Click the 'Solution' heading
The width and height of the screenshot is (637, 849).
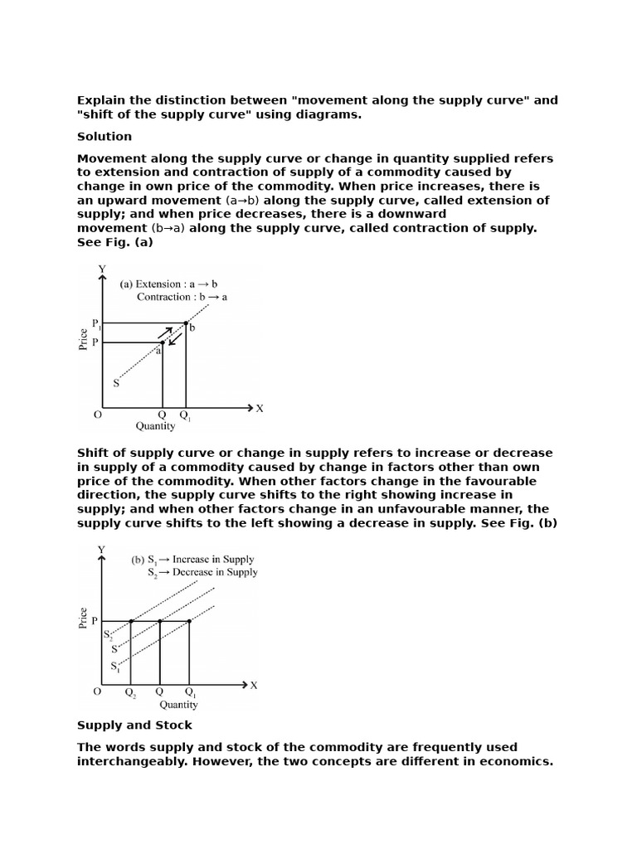(x=105, y=136)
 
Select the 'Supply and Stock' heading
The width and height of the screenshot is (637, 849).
(x=134, y=725)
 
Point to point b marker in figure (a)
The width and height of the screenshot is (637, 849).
(x=186, y=323)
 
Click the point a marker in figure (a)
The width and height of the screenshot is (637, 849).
(x=162, y=342)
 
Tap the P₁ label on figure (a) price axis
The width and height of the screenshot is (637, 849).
(x=96, y=323)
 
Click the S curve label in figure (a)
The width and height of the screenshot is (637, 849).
(x=116, y=383)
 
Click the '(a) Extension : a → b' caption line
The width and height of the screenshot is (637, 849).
(x=169, y=284)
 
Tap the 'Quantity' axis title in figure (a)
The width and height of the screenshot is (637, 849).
(x=156, y=426)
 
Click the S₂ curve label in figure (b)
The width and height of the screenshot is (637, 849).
(x=108, y=635)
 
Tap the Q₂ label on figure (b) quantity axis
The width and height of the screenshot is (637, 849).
(x=131, y=692)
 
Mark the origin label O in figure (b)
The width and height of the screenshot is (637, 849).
(x=97, y=691)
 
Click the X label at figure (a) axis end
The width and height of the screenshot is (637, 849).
(x=260, y=408)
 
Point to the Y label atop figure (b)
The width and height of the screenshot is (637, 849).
(x=102, y=549)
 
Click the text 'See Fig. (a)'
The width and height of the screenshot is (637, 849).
(x=115, y=242)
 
